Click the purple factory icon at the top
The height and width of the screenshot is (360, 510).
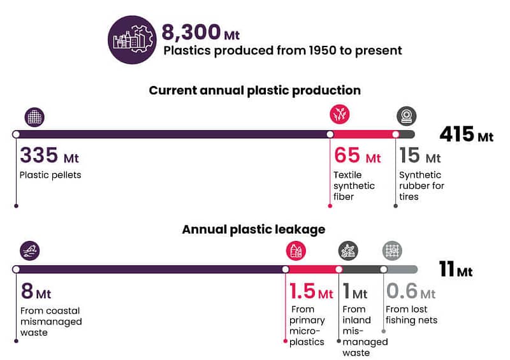(132, 40)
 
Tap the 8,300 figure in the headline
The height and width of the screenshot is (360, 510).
(191, 32)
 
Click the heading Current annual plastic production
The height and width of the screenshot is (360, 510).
(254, 90)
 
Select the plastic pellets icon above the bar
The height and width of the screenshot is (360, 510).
(34, 117)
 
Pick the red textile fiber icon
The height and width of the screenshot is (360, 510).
(340, 115)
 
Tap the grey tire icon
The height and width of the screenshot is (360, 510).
(407, 116)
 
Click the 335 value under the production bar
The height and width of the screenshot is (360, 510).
(39, 155)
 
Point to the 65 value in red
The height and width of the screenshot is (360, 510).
(347, 155)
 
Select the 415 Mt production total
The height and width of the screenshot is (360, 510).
(467, 134)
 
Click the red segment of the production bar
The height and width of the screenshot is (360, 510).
(363, 134)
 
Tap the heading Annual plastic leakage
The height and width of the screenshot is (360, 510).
(254, 229)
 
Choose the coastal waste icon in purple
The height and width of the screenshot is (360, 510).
(29, 251)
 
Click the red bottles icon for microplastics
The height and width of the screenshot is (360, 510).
(296, 251)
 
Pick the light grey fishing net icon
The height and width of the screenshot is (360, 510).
(392, 251)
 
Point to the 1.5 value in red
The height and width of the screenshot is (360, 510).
(302, 291)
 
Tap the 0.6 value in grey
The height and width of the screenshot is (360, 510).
(402, 291)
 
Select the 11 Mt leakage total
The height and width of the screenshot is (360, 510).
(456, 269)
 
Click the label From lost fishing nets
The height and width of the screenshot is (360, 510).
(411, 315)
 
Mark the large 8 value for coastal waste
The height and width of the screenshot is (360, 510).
(27, 291)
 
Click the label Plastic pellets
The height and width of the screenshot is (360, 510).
(50, 175)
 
